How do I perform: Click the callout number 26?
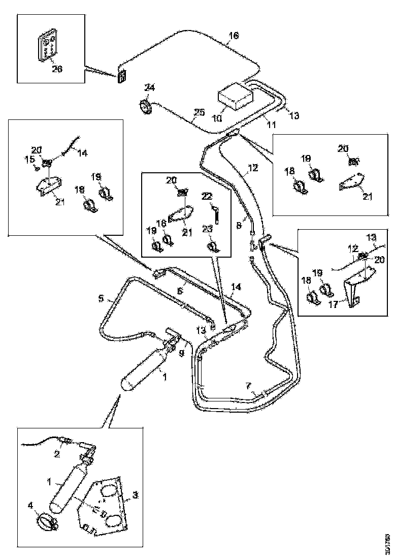pyautogui.click(x=57, y=69)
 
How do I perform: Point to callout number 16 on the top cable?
pyautogui.click(x=233, y=36)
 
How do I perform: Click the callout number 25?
pyautogui.click(x=200, y=111)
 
